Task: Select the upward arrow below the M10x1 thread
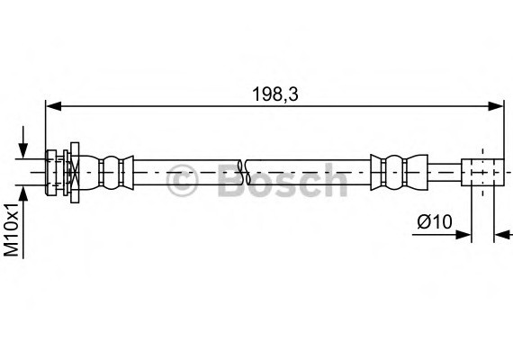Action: [x=23, y=193]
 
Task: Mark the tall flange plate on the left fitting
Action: [x=75, y=171]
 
